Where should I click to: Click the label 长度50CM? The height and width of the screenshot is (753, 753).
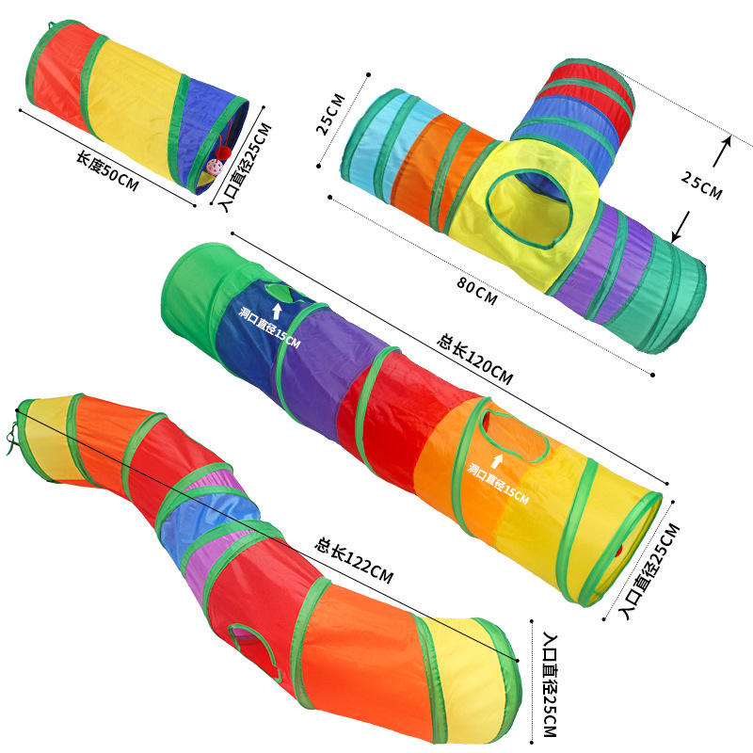(x=107, y=171)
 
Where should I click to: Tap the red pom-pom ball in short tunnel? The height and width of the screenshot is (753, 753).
(x=223, y=153)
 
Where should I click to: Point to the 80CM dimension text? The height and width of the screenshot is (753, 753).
(x=476, y=291)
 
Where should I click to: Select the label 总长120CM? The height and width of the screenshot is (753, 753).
(x=475, y=360)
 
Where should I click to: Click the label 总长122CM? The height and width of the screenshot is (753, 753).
(x=354, y=560)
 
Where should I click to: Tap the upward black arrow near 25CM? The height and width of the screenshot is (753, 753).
(x=722, y=151)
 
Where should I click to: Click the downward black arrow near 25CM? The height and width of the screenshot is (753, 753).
(x=680, y=227)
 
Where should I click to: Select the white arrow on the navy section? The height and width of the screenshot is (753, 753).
(x=276, y=311)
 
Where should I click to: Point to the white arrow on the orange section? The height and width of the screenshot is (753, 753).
(x=497, y=461)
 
